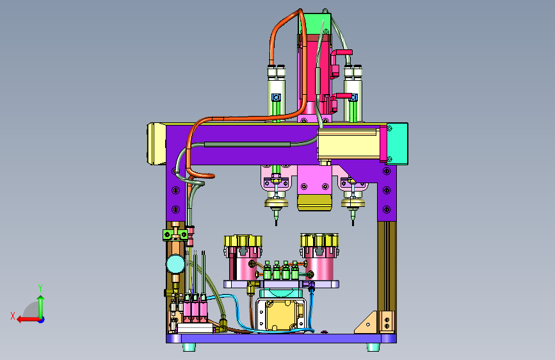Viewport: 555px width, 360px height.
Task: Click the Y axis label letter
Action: (40, 288)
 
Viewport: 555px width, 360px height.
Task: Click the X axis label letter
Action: (13, 316)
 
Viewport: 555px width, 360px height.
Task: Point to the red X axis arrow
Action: (28, 320)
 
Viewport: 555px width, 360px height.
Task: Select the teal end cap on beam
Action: (397, 144)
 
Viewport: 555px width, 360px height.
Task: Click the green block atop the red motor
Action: (314, 24)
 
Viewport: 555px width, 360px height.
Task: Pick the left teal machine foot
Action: (189, 347)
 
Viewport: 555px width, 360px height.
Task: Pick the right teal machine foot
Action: (373, 347)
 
